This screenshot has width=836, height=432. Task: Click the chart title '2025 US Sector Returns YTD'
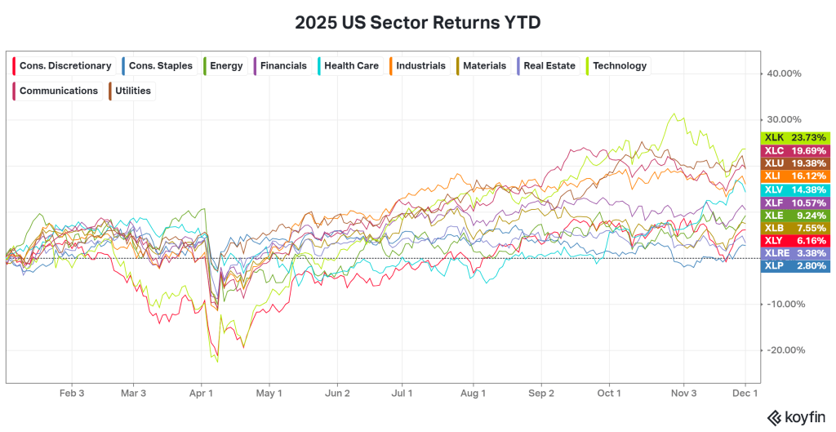417,22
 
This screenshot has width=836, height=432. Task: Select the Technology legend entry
615,66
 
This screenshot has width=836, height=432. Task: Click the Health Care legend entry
347,66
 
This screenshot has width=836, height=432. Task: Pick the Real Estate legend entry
545,66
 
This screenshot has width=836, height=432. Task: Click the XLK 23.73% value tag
795,138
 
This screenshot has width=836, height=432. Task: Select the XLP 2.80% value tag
795,266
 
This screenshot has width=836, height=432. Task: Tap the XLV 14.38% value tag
795,189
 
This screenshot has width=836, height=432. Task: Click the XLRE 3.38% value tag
795,253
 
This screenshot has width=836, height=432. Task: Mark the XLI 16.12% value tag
795,176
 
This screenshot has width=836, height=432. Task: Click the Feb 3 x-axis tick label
71,393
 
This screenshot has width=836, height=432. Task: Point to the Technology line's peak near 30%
674,114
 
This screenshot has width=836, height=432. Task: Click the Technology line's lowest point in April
217,362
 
